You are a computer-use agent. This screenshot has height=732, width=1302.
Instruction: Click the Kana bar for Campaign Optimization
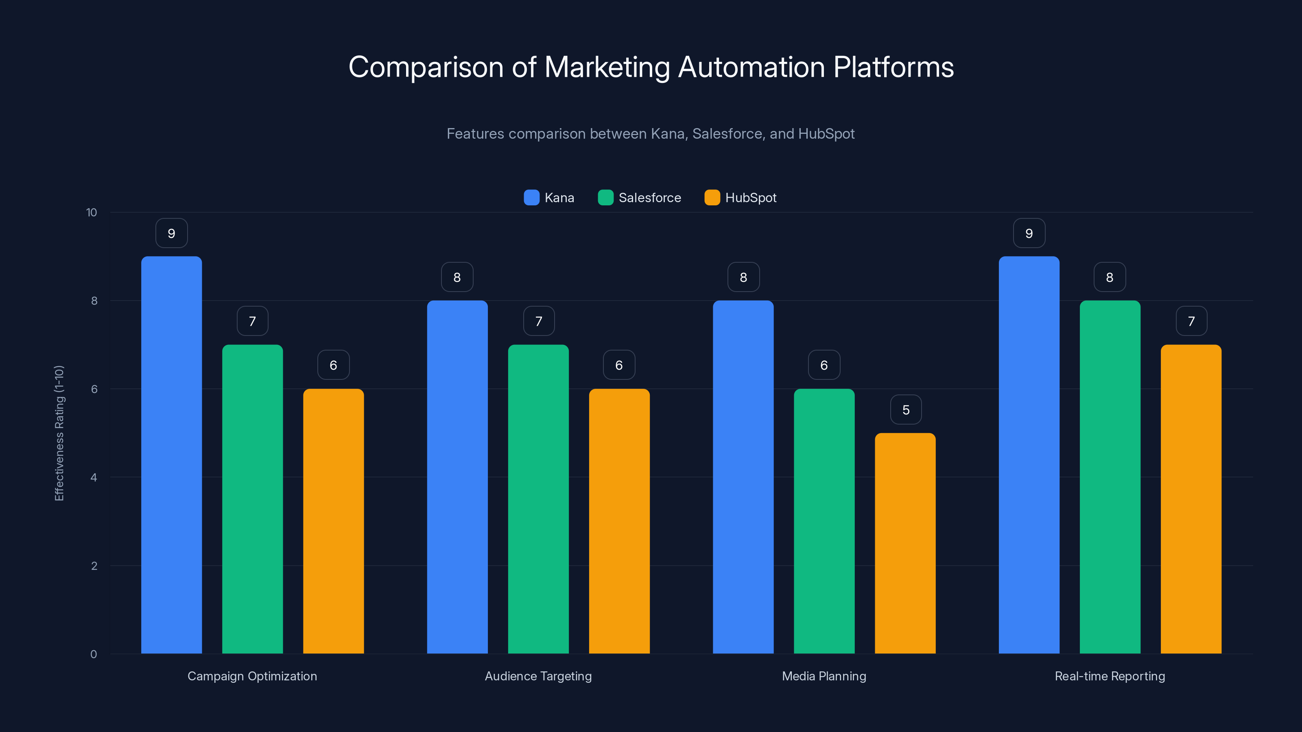pyautogui.click(x=171, y=455)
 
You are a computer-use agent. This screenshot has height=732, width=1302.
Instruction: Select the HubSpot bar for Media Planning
pyautogui.click(x=905, y=543)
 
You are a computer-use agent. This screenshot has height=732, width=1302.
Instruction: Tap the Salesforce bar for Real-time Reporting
pyautogui.click(x=1110, y=477)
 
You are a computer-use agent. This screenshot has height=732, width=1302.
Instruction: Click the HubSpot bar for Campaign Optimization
pyautogui.click(x=333, y=521)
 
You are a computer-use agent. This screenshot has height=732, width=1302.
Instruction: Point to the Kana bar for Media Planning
pyautogui.click(x=743, y=477)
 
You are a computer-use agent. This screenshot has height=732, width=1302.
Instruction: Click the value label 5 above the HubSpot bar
pyautogui.click(x=905, y=410)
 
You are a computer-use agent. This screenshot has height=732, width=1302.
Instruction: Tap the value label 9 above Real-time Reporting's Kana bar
pyautogui.click(x=1029, y=233)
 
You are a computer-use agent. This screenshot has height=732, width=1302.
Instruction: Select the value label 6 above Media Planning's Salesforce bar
pyautogui.click(x=824, y=365)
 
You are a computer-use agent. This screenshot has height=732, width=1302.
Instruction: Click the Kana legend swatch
pyautogui.click(x=531, y=198)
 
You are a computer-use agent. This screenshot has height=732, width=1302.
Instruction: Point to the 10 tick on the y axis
pyautogui.click(x=92, y=212)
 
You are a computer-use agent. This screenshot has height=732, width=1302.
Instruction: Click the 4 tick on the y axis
pyautogui.click(x=94, y=477)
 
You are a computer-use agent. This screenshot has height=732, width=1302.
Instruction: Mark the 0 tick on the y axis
pyautogui.click(x=94, y=654)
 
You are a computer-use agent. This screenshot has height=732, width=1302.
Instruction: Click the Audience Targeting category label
pyautogui.click(x=538, y=676)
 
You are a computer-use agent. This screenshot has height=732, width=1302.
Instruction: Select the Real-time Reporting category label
pyautogui.click(x=1110, y=676)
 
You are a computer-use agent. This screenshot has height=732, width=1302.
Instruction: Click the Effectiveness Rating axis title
pyautogui.click(x=59, y=433)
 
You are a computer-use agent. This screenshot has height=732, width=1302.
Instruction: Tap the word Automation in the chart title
pyautogui.click(x=751, y=67)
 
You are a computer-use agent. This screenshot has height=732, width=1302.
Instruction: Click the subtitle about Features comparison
pyautogui.click(x=651, y=134)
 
